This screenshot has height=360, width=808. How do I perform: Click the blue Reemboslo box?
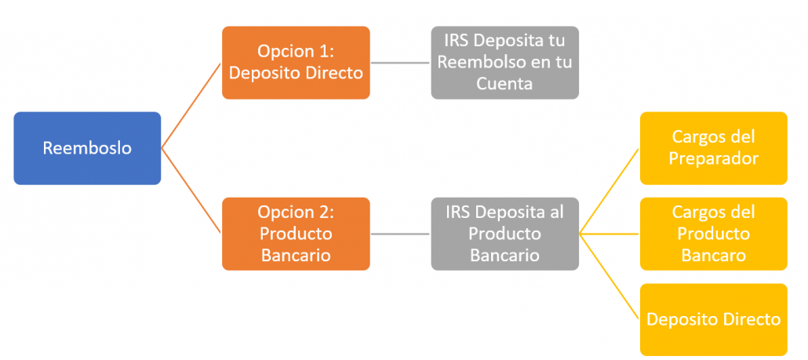click(87, 148)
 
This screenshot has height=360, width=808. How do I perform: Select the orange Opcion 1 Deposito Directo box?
click(296, 62)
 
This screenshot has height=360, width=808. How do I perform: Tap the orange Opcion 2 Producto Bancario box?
click(296, 234)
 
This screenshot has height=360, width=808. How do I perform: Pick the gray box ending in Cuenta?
click(505, 62)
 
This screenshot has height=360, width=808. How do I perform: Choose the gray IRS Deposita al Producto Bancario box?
click(505, 234)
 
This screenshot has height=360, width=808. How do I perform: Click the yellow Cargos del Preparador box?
click(714, 148)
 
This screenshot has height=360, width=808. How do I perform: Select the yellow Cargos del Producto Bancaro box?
click(714, 234)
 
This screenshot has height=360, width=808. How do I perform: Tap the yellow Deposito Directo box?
click(714, 319)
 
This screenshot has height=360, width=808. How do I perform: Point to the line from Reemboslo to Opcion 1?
click(191, 106)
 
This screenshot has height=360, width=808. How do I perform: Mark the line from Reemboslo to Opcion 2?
click(191, 191)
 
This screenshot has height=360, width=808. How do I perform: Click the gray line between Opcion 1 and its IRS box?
click(400, 63)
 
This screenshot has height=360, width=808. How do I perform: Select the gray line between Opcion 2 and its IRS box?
click(400, 235)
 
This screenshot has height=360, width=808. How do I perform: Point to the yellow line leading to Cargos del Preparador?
click(610, 191)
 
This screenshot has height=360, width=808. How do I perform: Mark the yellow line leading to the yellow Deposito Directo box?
click(610, 277)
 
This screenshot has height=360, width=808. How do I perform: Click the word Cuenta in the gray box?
click(504, 83)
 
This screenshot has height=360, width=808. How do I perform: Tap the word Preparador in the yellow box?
click(714, 158)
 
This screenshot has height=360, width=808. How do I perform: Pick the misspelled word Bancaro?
click(714, 255)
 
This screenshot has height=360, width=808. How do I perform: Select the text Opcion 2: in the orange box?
click(296, 213)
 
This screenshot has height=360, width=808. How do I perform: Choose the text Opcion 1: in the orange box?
click(296, 52)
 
